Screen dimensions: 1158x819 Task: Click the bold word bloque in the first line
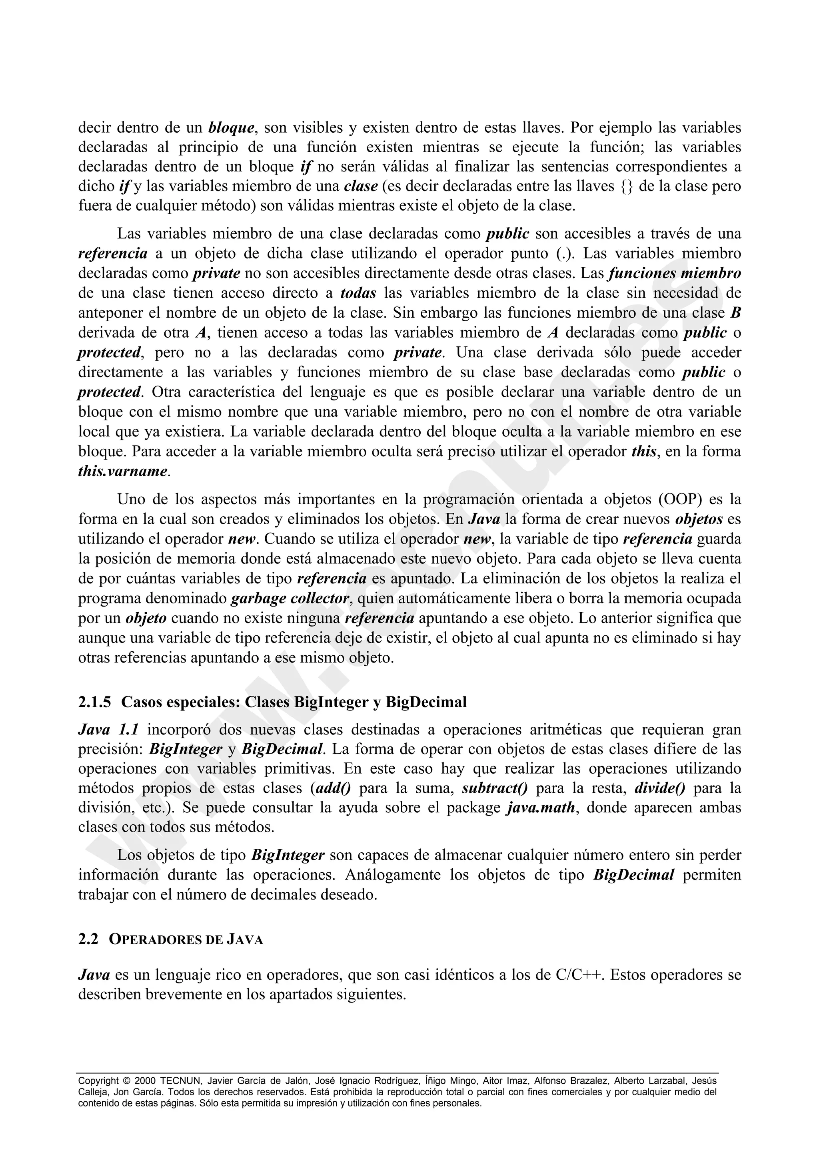click(x=231, y=127)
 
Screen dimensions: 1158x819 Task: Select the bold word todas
click(x=358, y=293)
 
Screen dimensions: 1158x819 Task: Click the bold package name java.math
click(x=540, y=808)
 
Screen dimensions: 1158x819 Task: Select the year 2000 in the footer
click(x=145, y=1081)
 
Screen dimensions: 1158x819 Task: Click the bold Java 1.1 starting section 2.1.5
click(x=108, y=729)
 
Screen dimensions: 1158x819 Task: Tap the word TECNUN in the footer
click(x=181, y=1081)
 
